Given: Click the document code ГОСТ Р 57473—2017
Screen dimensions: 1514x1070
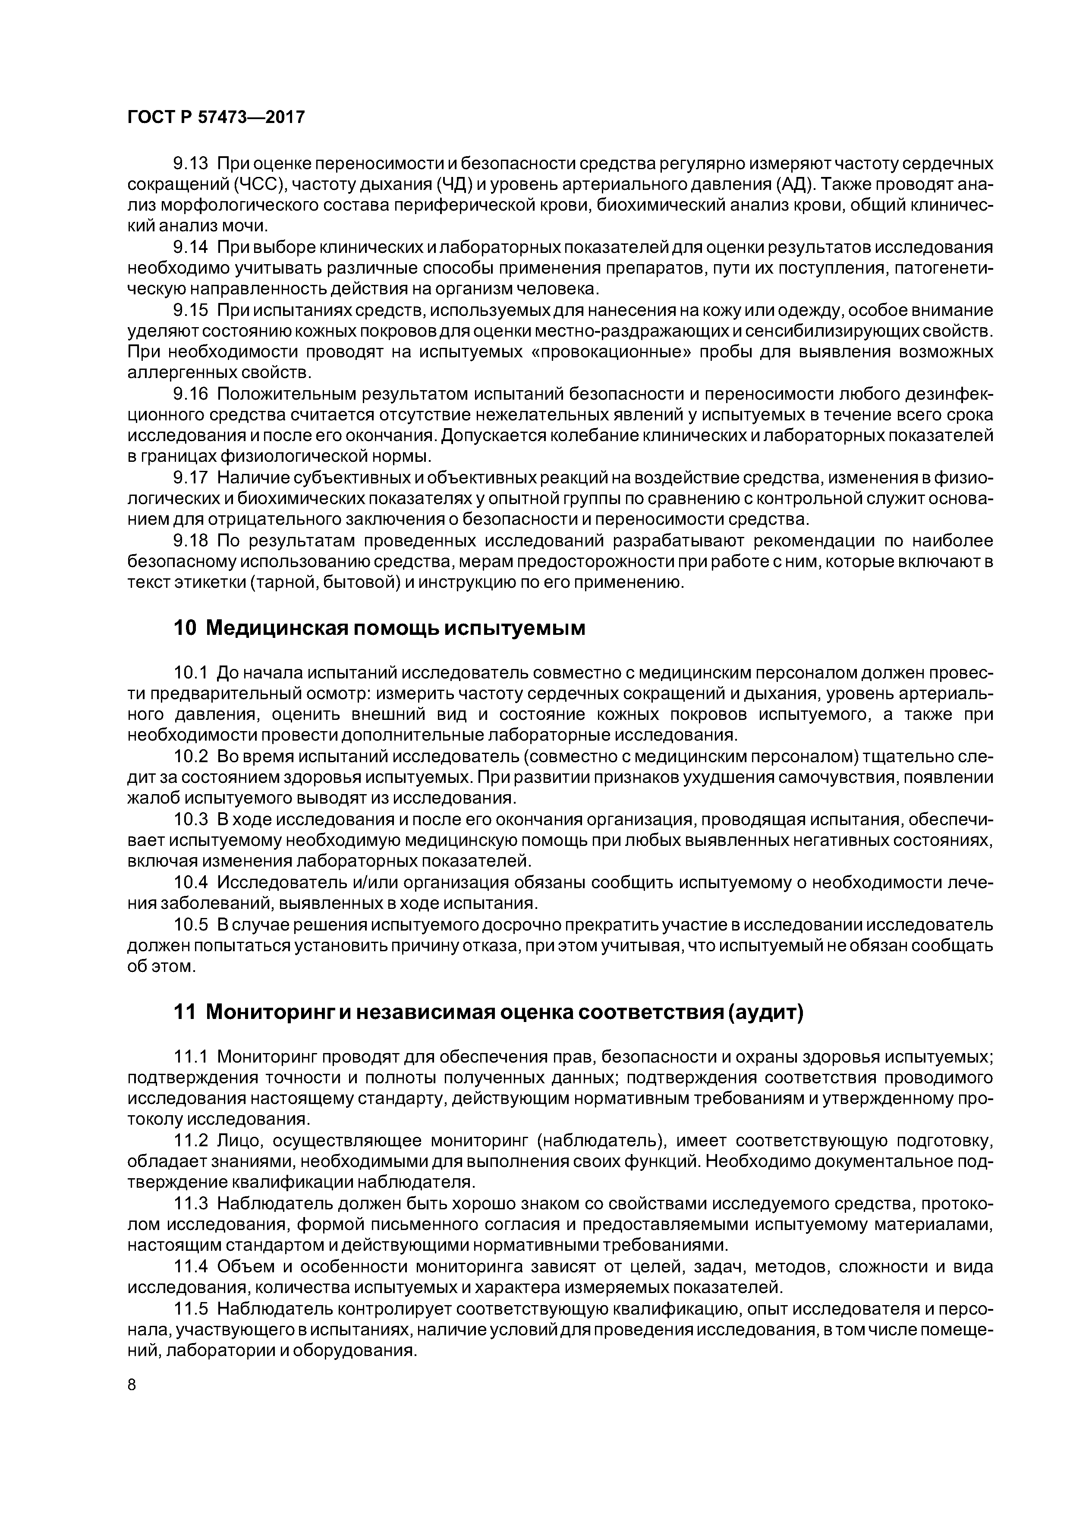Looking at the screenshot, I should (x=216, y=117).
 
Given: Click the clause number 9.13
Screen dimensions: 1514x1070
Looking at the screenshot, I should (x=191, y=163).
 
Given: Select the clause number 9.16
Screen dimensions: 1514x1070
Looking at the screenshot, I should (x=191, y=394).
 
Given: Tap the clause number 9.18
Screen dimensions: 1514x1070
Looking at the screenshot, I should (x=191, y=541).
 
